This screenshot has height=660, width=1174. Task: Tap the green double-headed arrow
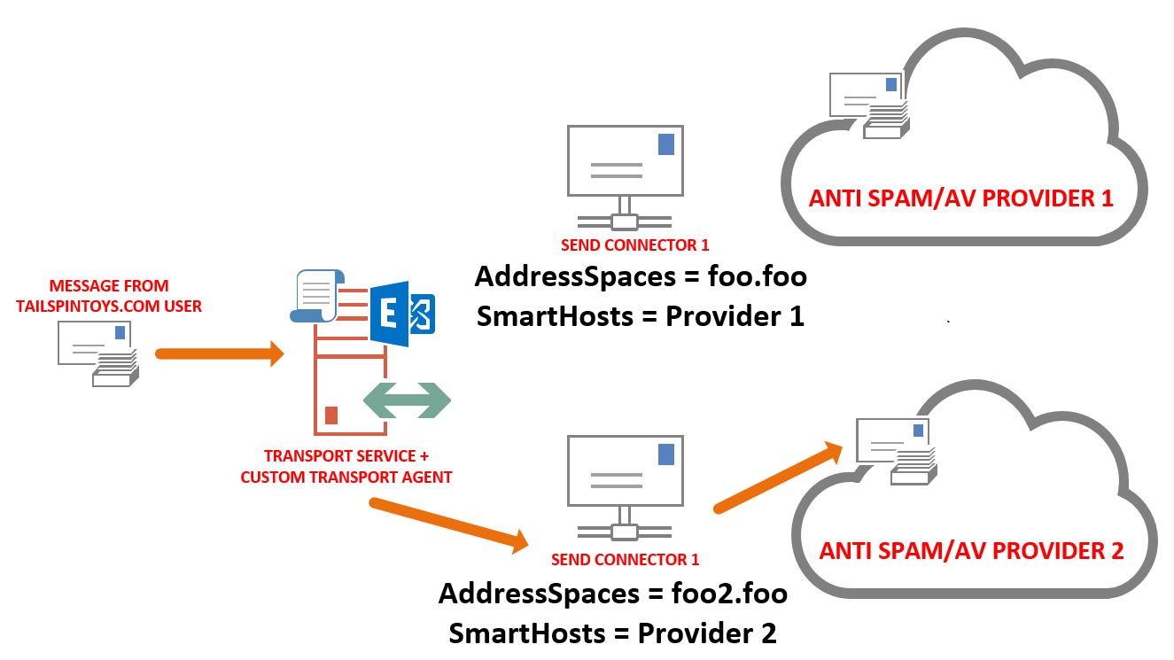[408, 400]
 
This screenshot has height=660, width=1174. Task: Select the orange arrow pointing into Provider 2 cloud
[778, 477]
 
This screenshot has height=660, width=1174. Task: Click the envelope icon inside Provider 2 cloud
[895, 451]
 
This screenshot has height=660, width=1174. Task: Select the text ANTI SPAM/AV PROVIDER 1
[960, 198]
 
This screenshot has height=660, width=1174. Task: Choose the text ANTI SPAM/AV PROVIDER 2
[971, 551]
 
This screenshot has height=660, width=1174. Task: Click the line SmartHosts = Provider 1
[640, 316]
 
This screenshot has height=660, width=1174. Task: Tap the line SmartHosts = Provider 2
[612, 633]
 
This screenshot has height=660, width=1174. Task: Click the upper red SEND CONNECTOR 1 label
[634, 245]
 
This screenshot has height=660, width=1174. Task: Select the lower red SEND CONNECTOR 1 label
[625, 560]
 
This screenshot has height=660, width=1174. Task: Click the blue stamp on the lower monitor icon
[665, 454]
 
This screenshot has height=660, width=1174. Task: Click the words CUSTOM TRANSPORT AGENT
[346, 478]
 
